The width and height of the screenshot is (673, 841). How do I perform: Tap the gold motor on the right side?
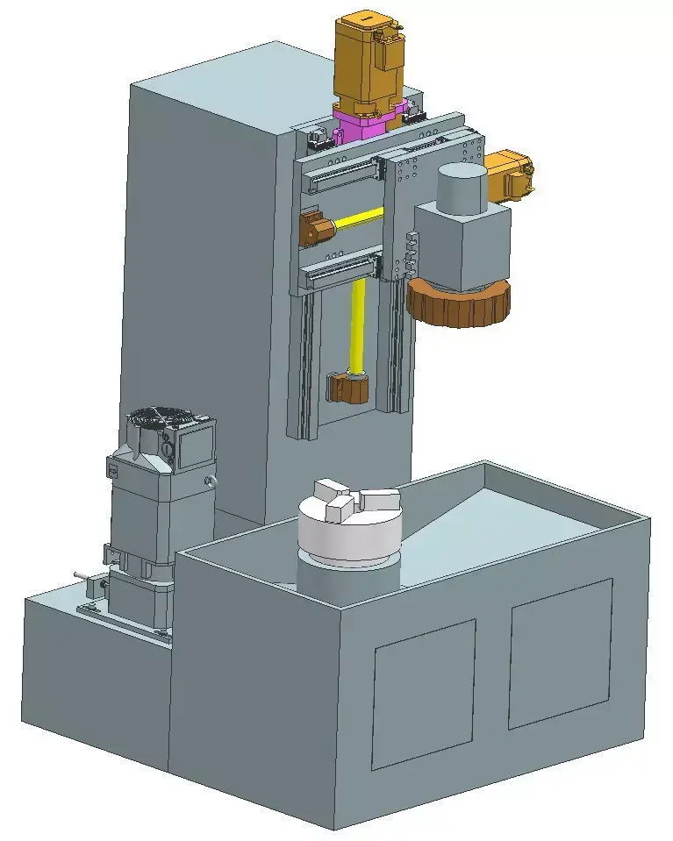(x=508, y=175)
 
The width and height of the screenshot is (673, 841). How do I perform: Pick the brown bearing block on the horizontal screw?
(x=313, y=229)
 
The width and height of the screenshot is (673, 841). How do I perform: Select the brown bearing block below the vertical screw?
(x=347, y=386)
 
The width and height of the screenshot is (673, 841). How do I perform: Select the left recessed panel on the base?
(x=425, y=692)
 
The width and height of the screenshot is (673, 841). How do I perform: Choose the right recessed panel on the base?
(x=560, y=652)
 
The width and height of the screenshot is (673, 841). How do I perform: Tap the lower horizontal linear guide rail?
(x=342, y=273)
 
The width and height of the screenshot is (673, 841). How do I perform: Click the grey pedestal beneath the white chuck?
(x=347, y=579)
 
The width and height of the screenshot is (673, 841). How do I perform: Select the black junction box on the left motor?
(x=195, y=445)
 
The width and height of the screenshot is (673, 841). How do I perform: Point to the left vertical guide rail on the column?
(x=304, y=360)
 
